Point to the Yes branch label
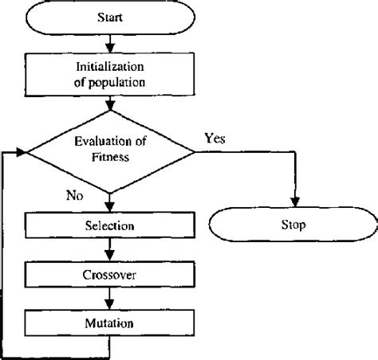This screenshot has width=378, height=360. [215, 138]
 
